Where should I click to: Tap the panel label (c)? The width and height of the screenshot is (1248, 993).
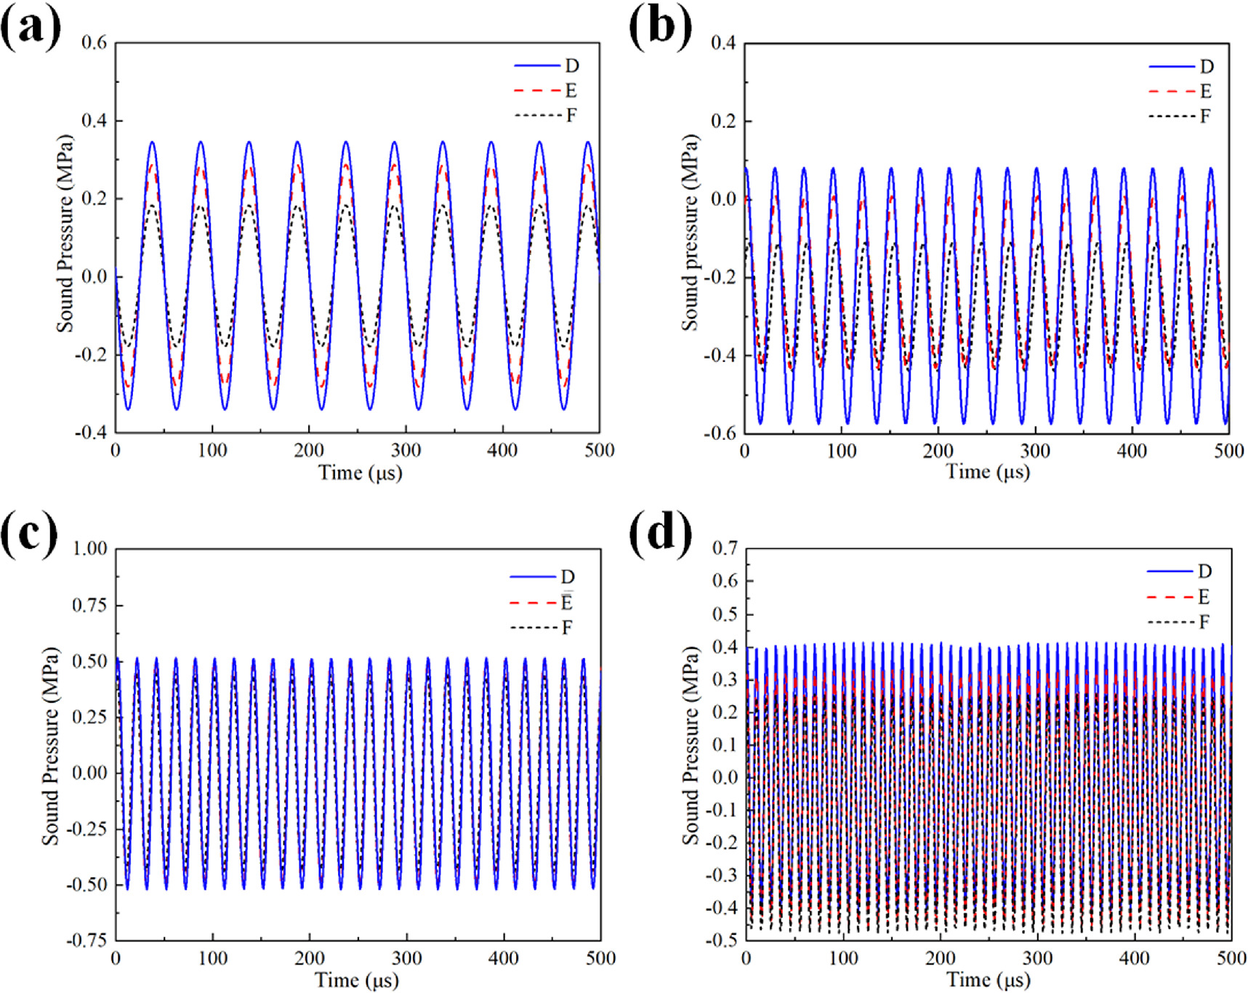click(x=29, y=534)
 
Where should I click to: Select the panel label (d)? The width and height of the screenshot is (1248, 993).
click(x=660, y=534)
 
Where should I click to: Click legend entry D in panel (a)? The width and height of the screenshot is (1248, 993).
click(x=571, y=66)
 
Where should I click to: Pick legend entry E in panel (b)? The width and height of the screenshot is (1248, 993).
click(x=1205, y=92)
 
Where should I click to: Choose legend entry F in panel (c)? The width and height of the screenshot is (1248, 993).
click(x=567, y=627)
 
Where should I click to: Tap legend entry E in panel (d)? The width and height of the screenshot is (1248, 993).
click(x=1204, y=598)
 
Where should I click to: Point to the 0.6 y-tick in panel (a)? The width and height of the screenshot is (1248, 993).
click(x=94, y=43)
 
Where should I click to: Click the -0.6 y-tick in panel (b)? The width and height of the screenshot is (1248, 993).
click(x=720, y=433)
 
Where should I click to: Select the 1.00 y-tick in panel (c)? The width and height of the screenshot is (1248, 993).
click(x=89, y=548)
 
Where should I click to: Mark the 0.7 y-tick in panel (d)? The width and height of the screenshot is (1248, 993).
click(x=723, y=548)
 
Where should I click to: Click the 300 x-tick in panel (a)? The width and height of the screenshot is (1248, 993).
click(x=406, y=451)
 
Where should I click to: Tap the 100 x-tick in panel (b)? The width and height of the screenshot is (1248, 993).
click(x=841, y=451)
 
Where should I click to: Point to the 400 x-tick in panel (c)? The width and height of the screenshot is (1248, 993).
click(x=504, y=958)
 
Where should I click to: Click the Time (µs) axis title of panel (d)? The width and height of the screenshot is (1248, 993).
click(x=989, y=980)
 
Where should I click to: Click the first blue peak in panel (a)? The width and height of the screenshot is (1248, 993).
click(x=152, y=142)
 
